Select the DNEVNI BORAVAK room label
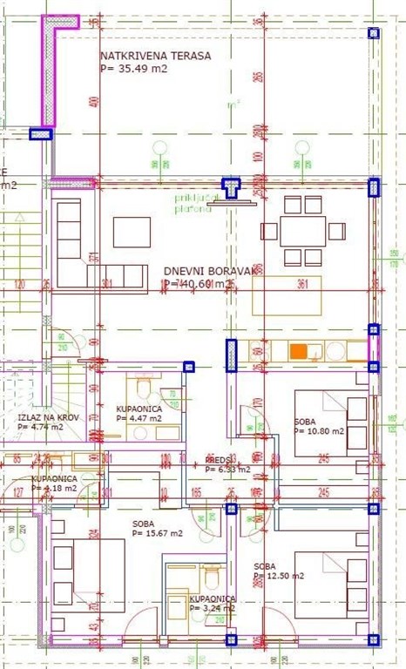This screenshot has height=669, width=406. coord(211,271)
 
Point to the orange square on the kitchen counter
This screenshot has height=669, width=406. coord(299,351)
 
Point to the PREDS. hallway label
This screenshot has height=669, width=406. coord(217,459)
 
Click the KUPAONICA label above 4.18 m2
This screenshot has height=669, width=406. coord(55,478)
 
